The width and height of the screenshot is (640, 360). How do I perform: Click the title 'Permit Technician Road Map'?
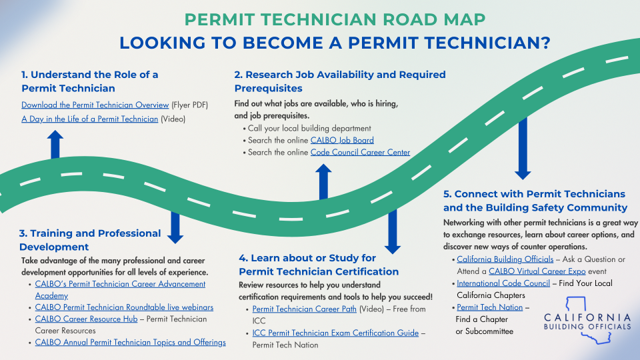coord(335,19)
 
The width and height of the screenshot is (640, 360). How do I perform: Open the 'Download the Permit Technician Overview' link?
coord(95,105)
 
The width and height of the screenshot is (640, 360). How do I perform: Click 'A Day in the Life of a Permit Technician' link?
coord(90,119)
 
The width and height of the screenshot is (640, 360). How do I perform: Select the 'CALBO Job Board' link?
coord(342,140)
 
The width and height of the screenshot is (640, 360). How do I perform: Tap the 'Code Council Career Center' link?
coord(360,152)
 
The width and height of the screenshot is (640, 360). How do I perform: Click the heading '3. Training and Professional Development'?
coord(90,240)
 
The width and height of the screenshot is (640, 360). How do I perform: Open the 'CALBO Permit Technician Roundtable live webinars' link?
coord(124,307)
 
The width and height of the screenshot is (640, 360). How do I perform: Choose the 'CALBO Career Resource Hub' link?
coord(86,319)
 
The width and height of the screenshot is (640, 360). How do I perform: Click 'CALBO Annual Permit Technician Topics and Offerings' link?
coord(130,342)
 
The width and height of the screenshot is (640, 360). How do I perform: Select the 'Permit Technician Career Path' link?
coord(304,309)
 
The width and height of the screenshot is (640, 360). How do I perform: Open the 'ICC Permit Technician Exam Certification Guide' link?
coord(335,333)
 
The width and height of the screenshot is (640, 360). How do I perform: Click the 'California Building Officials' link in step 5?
coord(505,259)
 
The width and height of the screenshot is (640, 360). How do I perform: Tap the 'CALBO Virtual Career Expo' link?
coord(537,271)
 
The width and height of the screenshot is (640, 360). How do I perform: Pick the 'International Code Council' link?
coord(503,283)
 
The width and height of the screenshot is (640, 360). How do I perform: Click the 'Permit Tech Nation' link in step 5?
coord(489,307)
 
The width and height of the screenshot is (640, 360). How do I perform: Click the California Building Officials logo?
coord(587,321)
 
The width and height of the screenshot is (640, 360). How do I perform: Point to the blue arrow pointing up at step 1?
coord(55,145)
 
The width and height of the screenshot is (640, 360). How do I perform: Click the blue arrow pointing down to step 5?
coord(523,149)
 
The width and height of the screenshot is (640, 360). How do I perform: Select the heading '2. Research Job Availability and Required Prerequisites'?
coord(340,81)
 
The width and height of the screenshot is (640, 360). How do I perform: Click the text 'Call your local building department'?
coord(309,128)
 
